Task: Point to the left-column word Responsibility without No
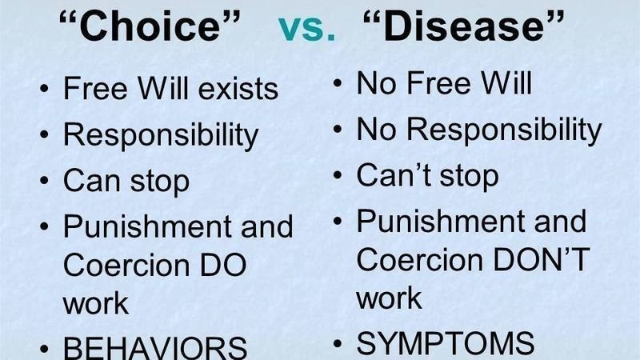[x=161, y=135]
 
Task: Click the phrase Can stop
[x=126, y=181]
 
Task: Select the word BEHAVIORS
[x=155, y=346]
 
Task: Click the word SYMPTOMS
[x=446, y=343]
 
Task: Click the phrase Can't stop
[x=427, y=174]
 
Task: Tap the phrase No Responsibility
[x=479, y=129]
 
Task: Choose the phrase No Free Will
[x=444, y=83]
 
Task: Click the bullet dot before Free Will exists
[x=44, y=89]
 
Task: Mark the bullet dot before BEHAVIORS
[x=44, y=346]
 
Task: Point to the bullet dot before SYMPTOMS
[x=338, y=343]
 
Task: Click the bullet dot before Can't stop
[x=338, y=174]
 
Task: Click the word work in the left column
[x=95, y=304]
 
